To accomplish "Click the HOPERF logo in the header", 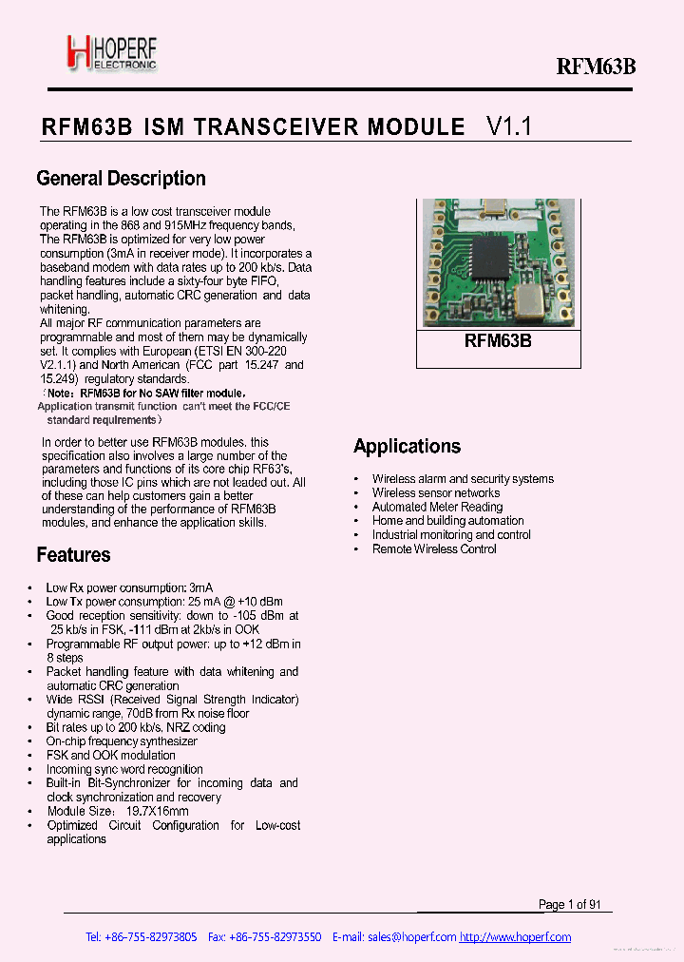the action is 111,54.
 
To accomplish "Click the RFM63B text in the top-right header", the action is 595,66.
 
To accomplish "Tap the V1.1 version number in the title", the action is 509,127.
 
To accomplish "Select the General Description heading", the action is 121,179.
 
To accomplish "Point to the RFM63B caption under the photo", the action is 498,341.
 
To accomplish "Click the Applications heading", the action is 407,447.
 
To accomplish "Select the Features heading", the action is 73,555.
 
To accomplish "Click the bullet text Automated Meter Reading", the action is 437,507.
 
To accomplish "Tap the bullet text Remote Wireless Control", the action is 434,548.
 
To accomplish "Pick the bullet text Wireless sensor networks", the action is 436,492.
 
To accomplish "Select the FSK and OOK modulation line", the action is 110,755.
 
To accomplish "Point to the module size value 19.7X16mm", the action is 153,811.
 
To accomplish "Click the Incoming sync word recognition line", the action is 124,769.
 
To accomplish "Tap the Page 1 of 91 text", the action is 570,905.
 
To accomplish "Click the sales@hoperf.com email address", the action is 411,937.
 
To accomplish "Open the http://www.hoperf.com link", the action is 516,937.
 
